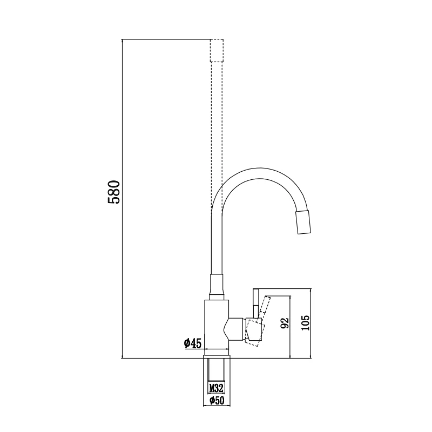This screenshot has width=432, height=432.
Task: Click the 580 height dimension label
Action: coord(114,192)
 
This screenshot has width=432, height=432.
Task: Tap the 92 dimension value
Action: coord(285,323)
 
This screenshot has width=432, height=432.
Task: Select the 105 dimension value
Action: coord(305,322)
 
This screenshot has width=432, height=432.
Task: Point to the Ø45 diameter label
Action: coord(193,343)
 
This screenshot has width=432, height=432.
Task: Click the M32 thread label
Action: coord(217,388)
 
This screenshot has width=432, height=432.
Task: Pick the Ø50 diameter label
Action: coord(217,400)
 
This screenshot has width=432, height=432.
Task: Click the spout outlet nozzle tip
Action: coord(303,222)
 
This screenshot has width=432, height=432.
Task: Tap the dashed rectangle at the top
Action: coord(217,50)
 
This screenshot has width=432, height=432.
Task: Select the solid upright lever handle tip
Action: coord(256,298)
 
